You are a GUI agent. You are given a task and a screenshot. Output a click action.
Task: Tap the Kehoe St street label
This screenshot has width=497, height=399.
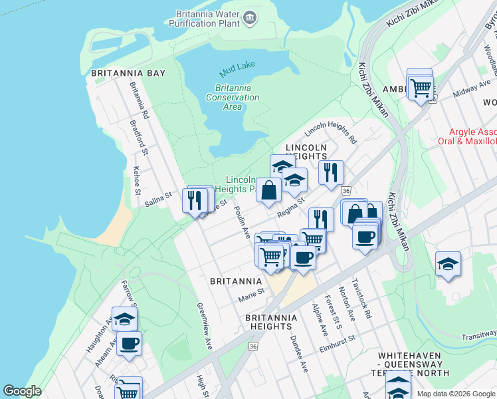pyautogui.click(x=137, y=180)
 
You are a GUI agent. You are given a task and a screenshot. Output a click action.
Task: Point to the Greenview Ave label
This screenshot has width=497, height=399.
pyautogui.click(x=203, y=327)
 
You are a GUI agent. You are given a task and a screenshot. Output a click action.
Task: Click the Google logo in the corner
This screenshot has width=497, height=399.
pyautogui.click(x=23, y=391)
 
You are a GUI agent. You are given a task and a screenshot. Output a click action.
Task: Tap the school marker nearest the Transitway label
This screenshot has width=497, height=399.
pyautogui.click(x=448, y=264)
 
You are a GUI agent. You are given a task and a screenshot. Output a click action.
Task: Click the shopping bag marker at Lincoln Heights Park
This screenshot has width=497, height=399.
pyautogui.click(x=268, y=191)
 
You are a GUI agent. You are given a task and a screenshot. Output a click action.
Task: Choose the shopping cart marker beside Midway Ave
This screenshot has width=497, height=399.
pyautogui.click(x=421, y=86)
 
